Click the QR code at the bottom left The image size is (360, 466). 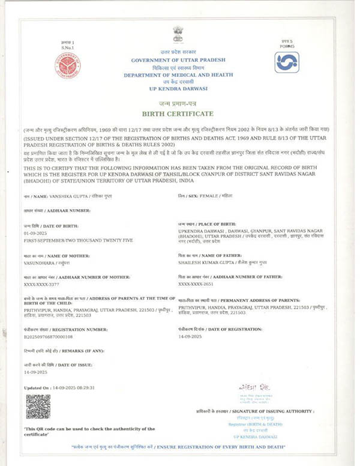pos(38,406)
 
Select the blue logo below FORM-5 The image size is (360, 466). pos(286,62)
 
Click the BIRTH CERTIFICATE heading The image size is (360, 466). pos(178,113)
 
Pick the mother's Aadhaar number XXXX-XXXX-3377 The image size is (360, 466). pos(43,284)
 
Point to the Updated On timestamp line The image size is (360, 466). pos(59,388)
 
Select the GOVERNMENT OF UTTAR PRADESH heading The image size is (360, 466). pos(178,61)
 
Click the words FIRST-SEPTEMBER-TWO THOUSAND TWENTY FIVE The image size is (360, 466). pos(70,239)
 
